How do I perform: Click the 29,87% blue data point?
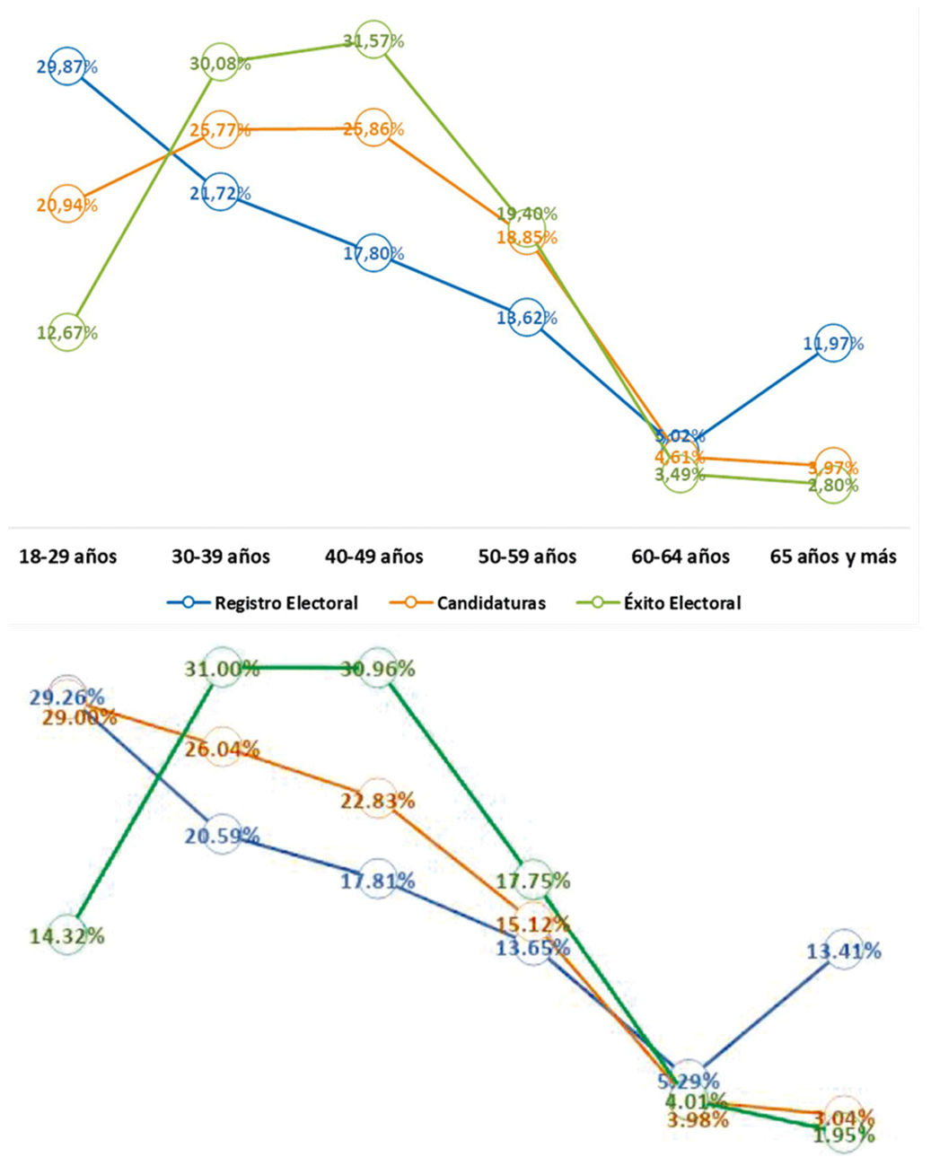(67, 66)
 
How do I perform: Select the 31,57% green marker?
(373, 40)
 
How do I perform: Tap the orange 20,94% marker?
(67, 205)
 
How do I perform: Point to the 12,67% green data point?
(67, 333)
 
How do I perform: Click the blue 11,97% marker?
(833, 343)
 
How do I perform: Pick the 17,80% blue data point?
(373, 253)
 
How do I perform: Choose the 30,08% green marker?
(220, 63)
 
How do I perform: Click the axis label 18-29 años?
(68, 557)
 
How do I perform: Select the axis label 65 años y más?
(833, 557)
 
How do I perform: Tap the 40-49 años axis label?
(373, 557)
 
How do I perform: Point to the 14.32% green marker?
(67, 935)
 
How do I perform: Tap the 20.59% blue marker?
(222, 836)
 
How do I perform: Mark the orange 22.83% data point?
(378, 800)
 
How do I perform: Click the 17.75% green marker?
(533, 881)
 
